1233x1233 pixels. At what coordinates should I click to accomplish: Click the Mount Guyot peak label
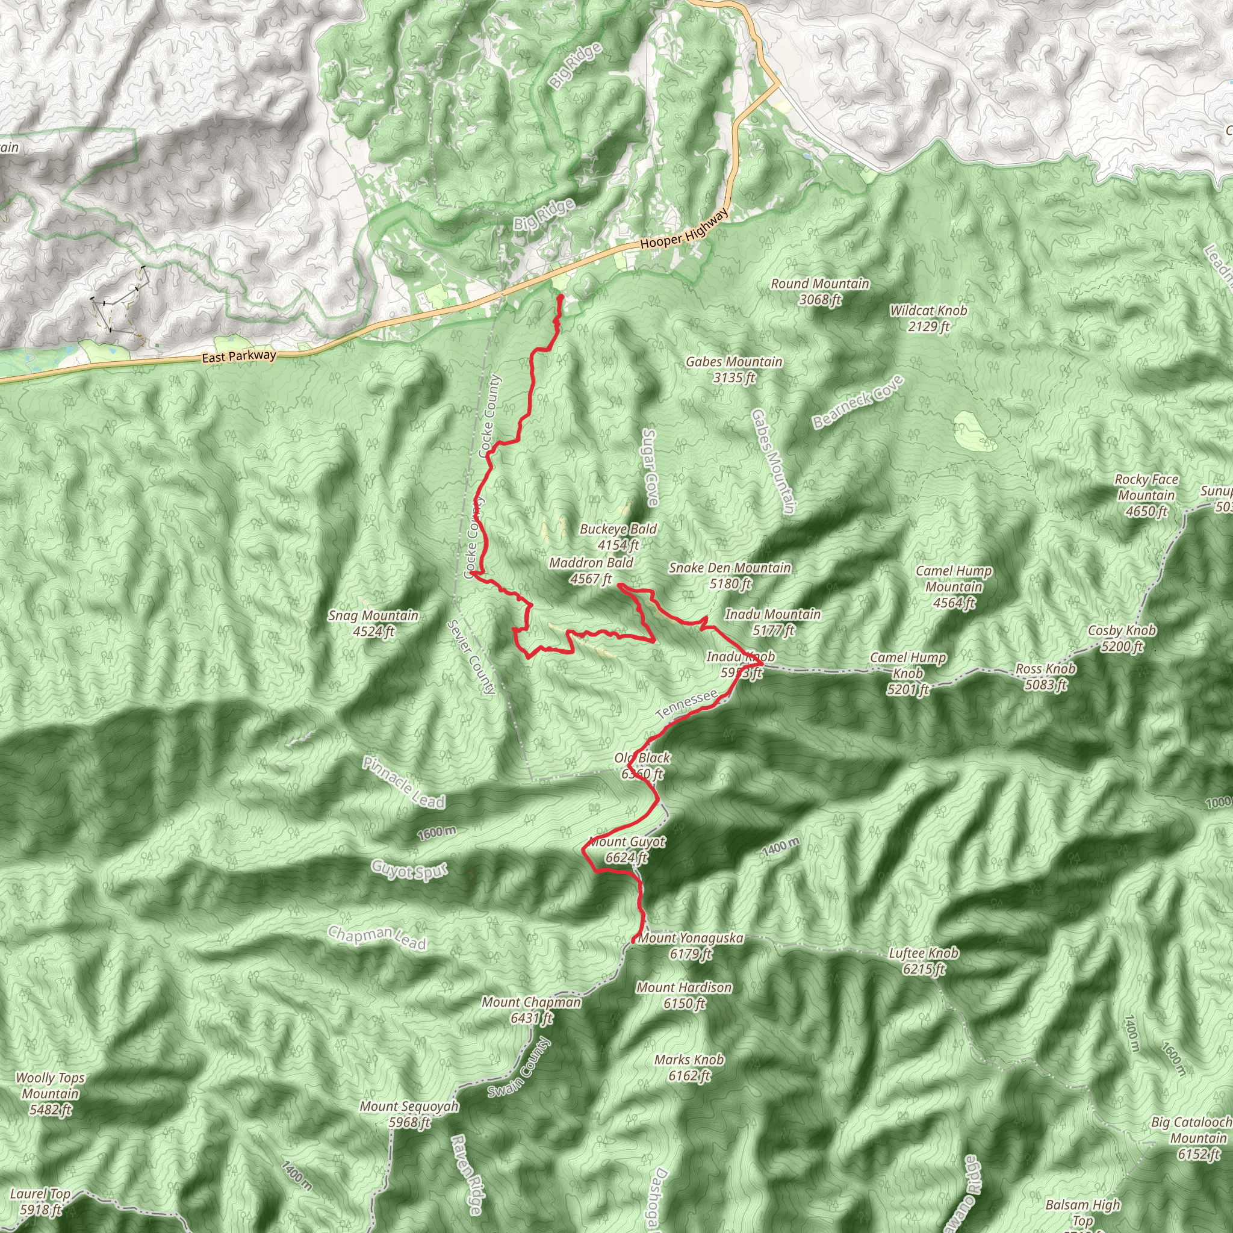click(627, 850)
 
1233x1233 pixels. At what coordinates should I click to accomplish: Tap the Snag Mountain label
click(373, 624)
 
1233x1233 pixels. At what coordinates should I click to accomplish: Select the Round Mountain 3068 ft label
click(820, 291)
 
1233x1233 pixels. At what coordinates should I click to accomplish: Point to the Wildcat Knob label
click(928, 318)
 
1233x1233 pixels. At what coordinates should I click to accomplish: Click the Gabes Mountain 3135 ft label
click(734, 370)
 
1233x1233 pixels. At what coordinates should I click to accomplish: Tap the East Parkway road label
click(238, 356)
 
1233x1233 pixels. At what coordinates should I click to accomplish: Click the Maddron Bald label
click(591, 571)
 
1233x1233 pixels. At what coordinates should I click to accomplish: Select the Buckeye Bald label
click(618, 536)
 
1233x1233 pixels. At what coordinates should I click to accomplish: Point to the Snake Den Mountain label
click(730, 575)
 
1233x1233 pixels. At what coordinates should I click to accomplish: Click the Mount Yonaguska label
click(691, 946)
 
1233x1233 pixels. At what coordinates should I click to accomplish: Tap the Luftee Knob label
click(924, 961)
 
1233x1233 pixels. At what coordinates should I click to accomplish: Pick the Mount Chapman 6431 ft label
click(531, 1010)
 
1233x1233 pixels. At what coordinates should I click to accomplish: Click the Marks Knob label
click(689, 1067)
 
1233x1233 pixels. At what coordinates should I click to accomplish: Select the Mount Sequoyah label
click(409, 1114)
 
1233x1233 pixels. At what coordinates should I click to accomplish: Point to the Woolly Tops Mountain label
click(50, 1094)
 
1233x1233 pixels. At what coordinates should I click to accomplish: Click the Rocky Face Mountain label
click(1146, 495)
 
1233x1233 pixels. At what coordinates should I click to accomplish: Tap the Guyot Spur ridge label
click(409, 870)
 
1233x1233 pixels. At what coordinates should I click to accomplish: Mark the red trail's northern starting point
click(561, 297)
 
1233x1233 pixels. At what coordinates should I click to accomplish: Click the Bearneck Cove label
click(859, 402)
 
